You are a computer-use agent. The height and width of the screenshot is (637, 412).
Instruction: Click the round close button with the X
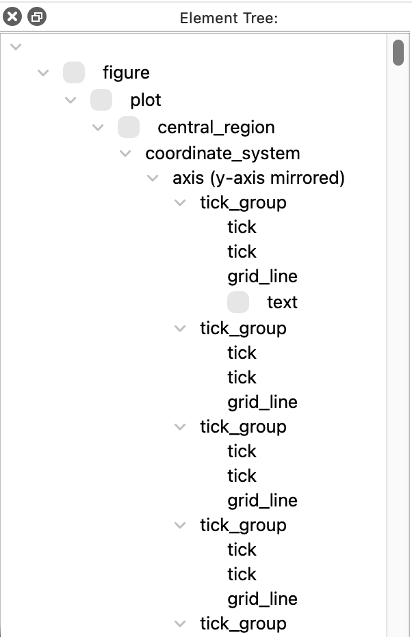pyautogui.click(x=12, y=17)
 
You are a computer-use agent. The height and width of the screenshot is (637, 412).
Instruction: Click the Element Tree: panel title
pyautogui.click(x=229, y=18)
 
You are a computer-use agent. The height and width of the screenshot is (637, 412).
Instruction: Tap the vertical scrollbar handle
pyautogui.click(x=398, y=53)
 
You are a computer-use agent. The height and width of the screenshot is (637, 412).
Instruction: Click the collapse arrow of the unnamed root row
pyautogui.click(x=16, y=46)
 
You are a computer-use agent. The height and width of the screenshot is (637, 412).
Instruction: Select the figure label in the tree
pyautogui.click(x=126, y=72)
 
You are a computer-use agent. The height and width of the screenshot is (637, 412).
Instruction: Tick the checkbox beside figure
pyautogui.click(x=74, y=72)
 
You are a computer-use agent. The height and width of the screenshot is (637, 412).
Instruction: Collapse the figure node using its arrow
pyautogui.click(x=43, y=73)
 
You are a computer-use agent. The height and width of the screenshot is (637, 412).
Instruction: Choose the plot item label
pyautogui.click(x=146, y=100)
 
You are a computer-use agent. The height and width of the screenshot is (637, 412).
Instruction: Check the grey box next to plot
pyautogui.click(x=101, y=100)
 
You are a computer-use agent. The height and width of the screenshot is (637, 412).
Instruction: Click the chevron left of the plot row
pyautogui.click(x=70, y=100)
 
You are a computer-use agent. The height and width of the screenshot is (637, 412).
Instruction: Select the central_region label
pyautogui.click(x=216, y=128)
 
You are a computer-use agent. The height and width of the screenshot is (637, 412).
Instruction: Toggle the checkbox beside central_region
pyautogui.click(x=129, y=127)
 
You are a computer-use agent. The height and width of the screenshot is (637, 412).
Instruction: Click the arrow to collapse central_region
pyautogui.click(x=98, y=128)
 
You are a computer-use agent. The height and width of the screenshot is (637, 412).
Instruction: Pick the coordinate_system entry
pyautogui.click(x=222, y=154)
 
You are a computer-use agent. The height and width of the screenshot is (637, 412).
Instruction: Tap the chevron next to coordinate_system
pyautogui.click(x=125, y=154)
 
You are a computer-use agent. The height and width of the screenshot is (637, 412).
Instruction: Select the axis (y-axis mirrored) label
pyautogui.click(x=259, y=178)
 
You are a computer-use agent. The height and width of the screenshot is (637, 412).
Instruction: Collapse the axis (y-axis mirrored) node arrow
pyautogui.click(x=153, y=178)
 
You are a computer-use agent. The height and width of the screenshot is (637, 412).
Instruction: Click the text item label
pyautogui.click(x=282, y=302)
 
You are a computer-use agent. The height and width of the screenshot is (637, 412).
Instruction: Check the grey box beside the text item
pyautogui.click(x=238, y=302)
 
